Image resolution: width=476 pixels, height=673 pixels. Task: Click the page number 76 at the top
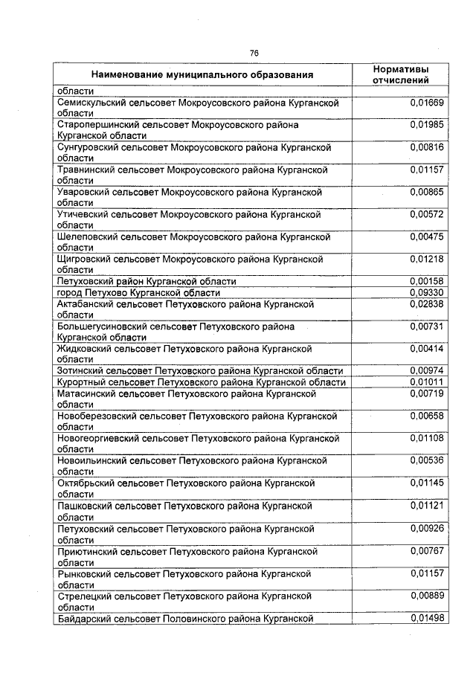[x=254, y=53]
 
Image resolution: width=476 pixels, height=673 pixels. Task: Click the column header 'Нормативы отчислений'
[x=400, y=74]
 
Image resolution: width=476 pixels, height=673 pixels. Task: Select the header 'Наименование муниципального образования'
[x=202, y=75]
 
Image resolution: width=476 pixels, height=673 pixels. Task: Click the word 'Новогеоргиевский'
[x=96, y=439]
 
